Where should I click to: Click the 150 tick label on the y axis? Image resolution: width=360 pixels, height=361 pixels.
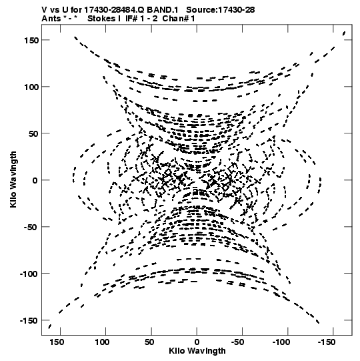point(31,40)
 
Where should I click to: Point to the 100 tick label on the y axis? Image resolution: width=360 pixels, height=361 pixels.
point(31,87)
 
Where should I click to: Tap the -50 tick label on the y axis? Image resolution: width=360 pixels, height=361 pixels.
point(31,227)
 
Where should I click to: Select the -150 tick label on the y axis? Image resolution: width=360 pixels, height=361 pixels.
point(29,320)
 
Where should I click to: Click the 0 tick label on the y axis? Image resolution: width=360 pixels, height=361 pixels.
point(35,180)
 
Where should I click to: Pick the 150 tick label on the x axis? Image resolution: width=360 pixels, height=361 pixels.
point(57,342)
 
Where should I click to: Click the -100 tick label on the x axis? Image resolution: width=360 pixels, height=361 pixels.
point(281,342)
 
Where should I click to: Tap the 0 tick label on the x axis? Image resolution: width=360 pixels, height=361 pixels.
point(197,342)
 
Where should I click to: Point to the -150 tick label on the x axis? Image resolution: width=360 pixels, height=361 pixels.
point(327,342)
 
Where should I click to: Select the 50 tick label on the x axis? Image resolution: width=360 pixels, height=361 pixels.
point(149,342)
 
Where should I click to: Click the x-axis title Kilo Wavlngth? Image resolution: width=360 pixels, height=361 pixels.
point(197,351)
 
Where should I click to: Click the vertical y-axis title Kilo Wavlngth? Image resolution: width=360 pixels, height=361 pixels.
point(13,179)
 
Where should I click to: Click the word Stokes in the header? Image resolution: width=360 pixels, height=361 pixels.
point(101,19)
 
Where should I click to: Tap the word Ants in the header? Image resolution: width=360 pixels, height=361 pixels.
point(51,19)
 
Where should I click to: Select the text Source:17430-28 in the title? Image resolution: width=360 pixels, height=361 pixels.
point(221,10)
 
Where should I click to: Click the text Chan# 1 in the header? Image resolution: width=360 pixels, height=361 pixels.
point(179,19)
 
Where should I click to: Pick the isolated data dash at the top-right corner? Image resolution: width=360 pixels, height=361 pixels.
point(344,33)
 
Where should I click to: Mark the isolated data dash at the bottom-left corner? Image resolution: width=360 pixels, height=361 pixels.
point(49,326)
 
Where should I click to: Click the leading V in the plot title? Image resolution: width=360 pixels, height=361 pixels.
point(44,10)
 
